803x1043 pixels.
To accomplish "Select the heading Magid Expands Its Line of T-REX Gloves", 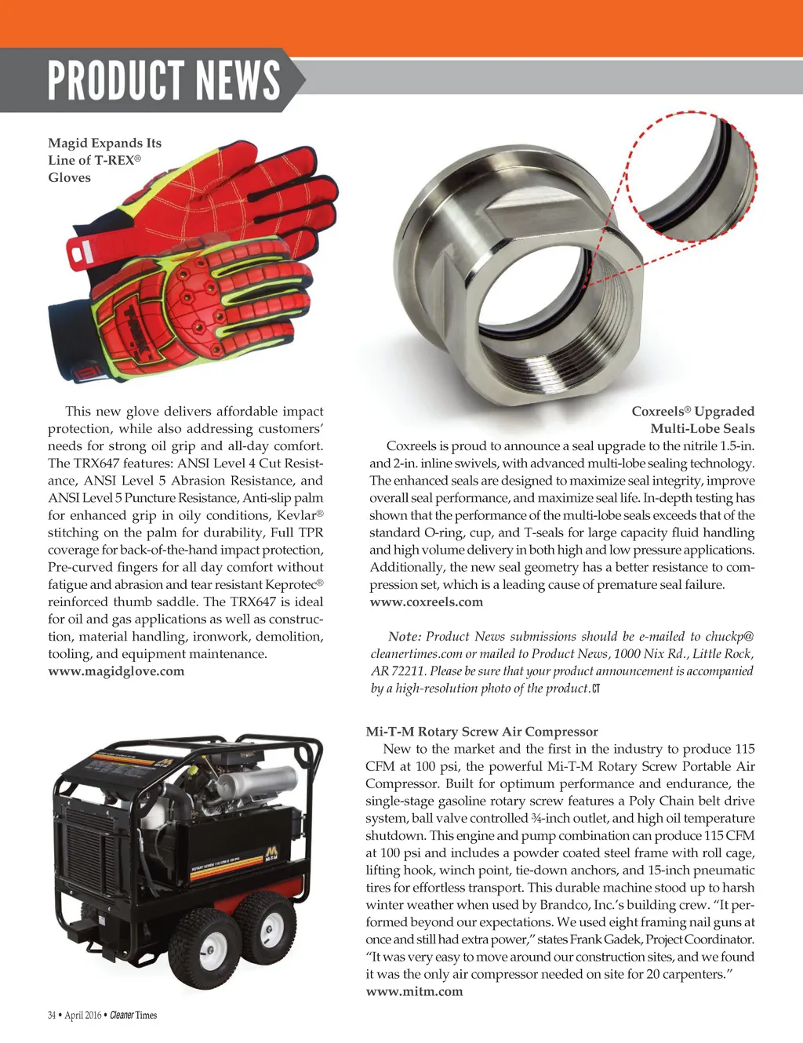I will [x=104, y=160].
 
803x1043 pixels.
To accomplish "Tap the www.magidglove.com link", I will [x=116, y=671].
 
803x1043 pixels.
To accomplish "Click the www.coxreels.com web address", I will [x=426, y=602].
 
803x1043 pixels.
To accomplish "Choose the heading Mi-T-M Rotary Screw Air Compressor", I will [x=481, y=732].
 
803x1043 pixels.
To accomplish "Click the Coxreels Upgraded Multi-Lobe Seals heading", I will [x=693, y=420].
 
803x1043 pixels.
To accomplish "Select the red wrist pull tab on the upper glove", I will [x=80, y=253].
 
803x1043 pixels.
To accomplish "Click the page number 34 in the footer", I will [x=52, y=1016].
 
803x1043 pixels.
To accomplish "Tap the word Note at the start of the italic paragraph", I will [x=404, y=637].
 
